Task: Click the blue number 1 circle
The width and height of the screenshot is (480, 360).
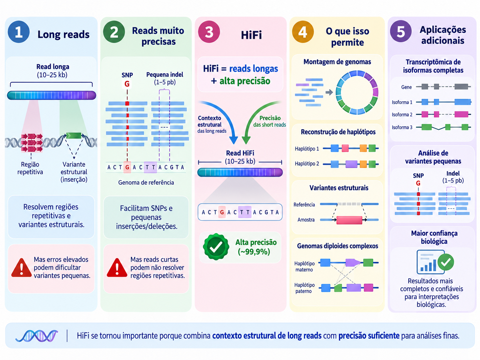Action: [x=19, y=32]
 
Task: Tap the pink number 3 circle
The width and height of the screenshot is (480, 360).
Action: [x=209, y=32]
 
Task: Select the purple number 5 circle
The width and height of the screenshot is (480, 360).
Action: [x=401, y=31]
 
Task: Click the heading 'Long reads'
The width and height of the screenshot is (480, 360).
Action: [x=63, y=34]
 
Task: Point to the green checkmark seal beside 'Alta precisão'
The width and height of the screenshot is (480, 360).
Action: [x=216, y=247]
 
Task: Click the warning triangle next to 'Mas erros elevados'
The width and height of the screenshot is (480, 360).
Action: [x=22, y=268]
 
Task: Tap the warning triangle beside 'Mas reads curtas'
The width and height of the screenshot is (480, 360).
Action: [x=117, y=268]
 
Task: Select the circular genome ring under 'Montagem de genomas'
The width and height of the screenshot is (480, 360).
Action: [x=357, y=92]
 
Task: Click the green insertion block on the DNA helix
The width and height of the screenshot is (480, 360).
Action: [x=74, y=136]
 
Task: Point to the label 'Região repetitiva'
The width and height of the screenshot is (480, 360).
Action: [x=30, y=168]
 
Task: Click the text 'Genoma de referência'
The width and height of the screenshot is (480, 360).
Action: [x=146, y=183]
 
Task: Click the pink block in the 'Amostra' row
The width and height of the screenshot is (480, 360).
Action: [x=349, y=220]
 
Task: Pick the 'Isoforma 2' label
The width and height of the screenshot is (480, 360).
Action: [x=402, y=115]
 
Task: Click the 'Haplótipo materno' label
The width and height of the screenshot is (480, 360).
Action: [x=304, y=267]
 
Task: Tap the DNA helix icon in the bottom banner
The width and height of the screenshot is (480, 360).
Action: [x=36, y=336]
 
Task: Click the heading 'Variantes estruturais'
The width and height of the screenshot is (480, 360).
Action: [x=339, y=188]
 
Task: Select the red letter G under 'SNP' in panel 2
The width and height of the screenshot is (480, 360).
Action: [x=127, y=84]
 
